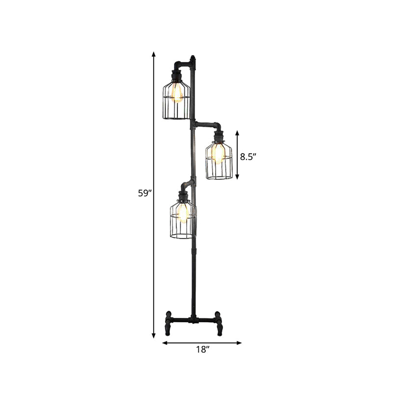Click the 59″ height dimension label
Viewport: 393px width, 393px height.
(143, 193)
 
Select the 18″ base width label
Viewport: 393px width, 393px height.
(202, 350)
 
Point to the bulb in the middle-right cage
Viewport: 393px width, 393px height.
(217, 153)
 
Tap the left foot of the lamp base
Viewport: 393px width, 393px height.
(168, 322)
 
